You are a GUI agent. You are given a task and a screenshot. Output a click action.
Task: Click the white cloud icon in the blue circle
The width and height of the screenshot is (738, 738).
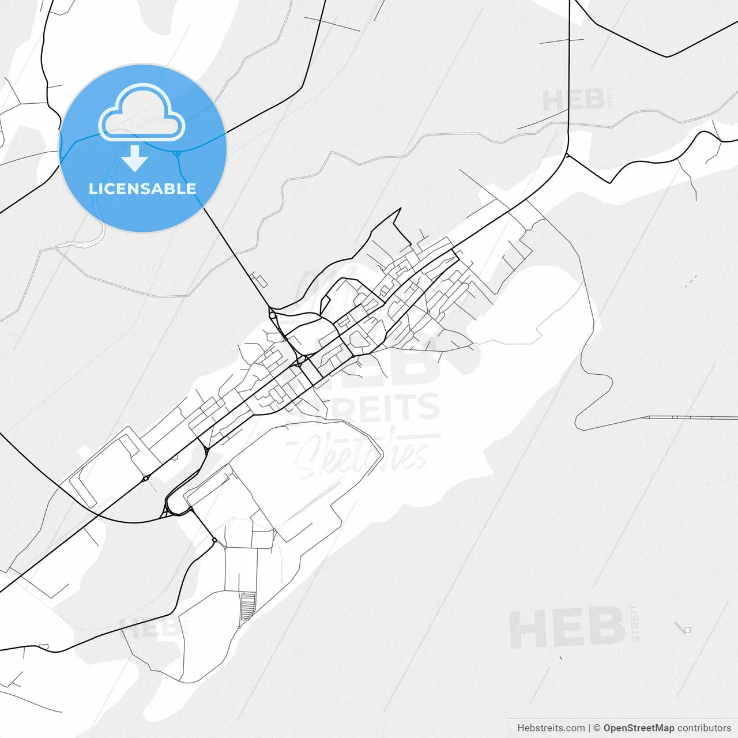point(142,113)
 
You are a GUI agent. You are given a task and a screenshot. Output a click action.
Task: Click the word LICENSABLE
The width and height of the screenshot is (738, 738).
point(142,189)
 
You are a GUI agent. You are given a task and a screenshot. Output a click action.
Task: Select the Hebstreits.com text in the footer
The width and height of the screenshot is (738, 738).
point(551,728)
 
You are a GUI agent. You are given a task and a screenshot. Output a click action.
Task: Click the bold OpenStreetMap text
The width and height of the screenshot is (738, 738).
point(639,728)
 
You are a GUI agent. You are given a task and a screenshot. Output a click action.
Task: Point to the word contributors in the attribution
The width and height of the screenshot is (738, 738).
point(704,728)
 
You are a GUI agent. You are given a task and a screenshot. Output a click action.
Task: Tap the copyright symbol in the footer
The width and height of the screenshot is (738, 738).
point(597,728)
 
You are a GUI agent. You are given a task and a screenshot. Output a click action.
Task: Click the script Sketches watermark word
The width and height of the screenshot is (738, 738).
point(363,455)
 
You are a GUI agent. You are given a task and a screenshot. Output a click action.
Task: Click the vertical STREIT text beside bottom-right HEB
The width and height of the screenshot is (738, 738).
point(635,623)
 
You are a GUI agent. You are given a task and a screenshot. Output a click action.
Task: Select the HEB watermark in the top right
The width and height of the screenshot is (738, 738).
point(573,101)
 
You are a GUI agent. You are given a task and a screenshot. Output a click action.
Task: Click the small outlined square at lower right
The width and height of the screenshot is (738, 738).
point(687,630)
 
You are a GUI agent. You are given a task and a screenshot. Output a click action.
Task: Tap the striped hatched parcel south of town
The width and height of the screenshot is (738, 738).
point(247,606)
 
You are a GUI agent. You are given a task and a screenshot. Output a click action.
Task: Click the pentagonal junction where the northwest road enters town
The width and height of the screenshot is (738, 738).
point(272,314)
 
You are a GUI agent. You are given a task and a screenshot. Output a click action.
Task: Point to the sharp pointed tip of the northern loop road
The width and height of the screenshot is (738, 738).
point(400,209)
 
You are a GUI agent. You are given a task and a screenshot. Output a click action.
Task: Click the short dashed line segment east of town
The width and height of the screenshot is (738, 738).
point(691,281)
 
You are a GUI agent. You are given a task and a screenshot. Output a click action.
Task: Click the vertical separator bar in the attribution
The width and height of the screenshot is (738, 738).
point(589,728)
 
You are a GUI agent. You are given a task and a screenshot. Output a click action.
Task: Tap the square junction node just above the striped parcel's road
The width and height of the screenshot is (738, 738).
point(214,540)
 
